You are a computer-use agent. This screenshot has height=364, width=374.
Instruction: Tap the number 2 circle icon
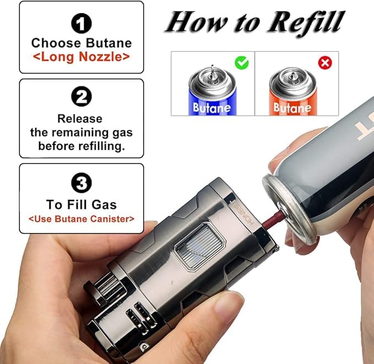click(82, 97)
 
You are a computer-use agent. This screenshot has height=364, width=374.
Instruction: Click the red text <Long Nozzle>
click(82, 57)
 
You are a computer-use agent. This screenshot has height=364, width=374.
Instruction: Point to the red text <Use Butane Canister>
click(82, 219)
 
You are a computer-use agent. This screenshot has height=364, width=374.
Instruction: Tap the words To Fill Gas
click(82, 204)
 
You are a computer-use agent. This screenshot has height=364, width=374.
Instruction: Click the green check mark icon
click(242, 62)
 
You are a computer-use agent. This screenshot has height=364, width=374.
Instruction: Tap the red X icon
click(325, 62)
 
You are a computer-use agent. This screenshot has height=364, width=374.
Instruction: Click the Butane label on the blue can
click(212, 107)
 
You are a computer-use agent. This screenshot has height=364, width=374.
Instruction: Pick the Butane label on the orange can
click(292, 107)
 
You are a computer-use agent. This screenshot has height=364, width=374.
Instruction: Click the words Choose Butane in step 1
click(82, 43)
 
